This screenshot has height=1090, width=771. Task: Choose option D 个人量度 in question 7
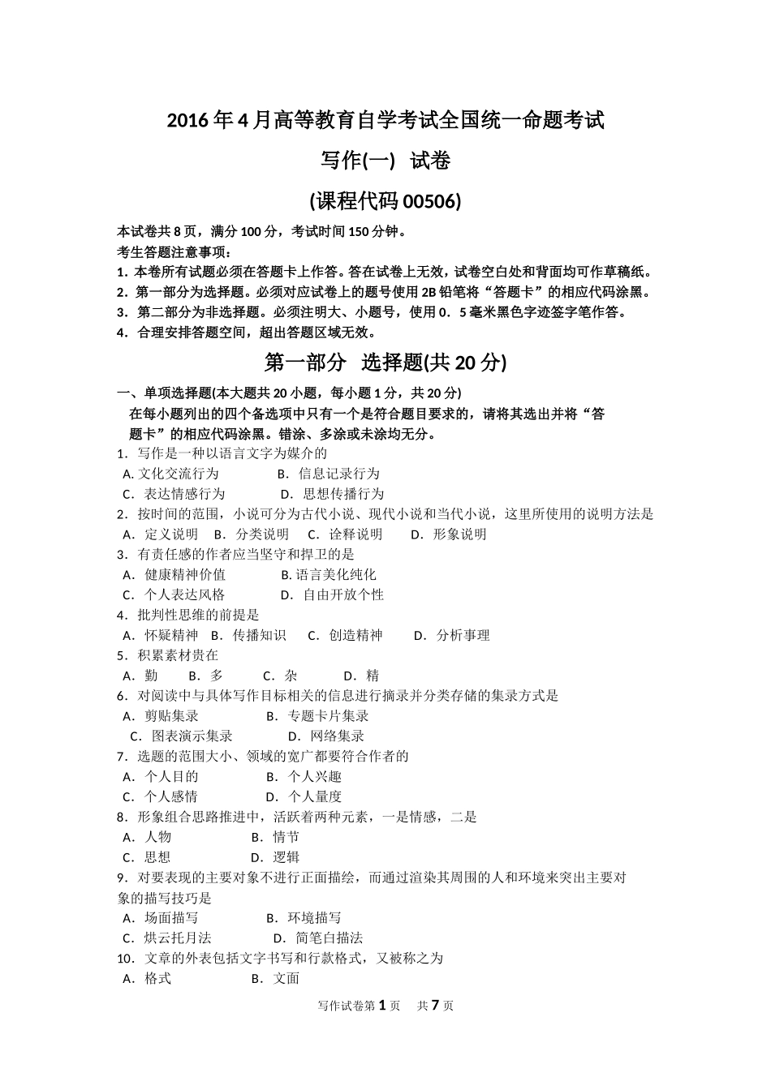click(315, 797)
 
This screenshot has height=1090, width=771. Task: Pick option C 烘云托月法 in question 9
click(177, 938)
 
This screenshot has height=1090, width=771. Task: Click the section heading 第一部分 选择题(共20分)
click(385, 363)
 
